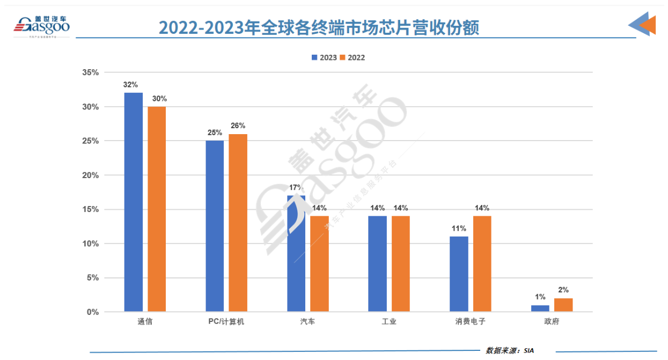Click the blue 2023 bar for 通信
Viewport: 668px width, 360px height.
click(x=134, y=202)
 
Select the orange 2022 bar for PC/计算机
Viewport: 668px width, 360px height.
click(x=238, y=223)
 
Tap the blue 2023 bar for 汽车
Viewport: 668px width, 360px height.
click(x=296, y=253)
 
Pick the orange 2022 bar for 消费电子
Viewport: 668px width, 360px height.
click(x=482, y=263)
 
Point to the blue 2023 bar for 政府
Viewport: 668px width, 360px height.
click(x=540, y=308)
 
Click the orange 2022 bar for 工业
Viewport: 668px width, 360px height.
click(x=401, y=263)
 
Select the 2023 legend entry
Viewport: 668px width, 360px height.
click(x=324, y=57)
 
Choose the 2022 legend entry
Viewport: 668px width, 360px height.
click(x=353, y=57)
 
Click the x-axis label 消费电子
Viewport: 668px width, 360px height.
click(x=470, y=322)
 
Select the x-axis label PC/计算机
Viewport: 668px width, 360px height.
click(x=226, y=322)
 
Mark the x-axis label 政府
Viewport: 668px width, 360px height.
click(x=551, y=322)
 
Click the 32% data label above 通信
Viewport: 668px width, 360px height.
click(x=130, y=85)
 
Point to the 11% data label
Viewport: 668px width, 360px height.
click(x=459, y=229)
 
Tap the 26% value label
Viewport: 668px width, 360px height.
click(x=238, y=126)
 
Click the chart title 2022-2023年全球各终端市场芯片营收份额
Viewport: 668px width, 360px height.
click(x=319, y=27)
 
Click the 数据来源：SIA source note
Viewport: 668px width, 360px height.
click(x=510, y=350)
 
